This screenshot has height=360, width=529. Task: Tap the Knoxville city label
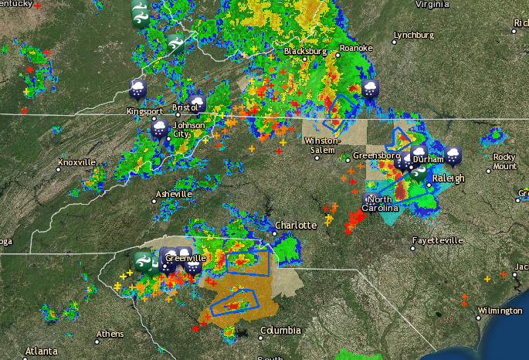(x=76, y=163)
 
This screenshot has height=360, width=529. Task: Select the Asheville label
(x=173, y=194)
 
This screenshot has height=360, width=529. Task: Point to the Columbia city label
(x=280, y=331)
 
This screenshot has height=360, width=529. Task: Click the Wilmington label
(x=500, y=311)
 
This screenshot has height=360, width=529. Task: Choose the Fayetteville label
(x=437, y=241)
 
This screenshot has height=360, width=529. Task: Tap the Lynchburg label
(x=414, y=36)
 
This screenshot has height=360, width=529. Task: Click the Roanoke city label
(x=356, y=49)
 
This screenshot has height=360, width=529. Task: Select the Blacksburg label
(x=300, y=51)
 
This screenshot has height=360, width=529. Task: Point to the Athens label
(x=109, y=335)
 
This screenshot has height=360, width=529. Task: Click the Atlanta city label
(x=41, y=352)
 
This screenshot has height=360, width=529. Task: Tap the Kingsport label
(x=144, y=111)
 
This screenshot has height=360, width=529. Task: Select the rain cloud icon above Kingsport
(x=137, y=89)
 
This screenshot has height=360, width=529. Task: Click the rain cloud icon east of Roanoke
(x=371, y=88)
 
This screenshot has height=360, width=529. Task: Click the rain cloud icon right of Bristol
(x=198, y=104)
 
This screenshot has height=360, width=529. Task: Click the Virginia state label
(x=432, y=4)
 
